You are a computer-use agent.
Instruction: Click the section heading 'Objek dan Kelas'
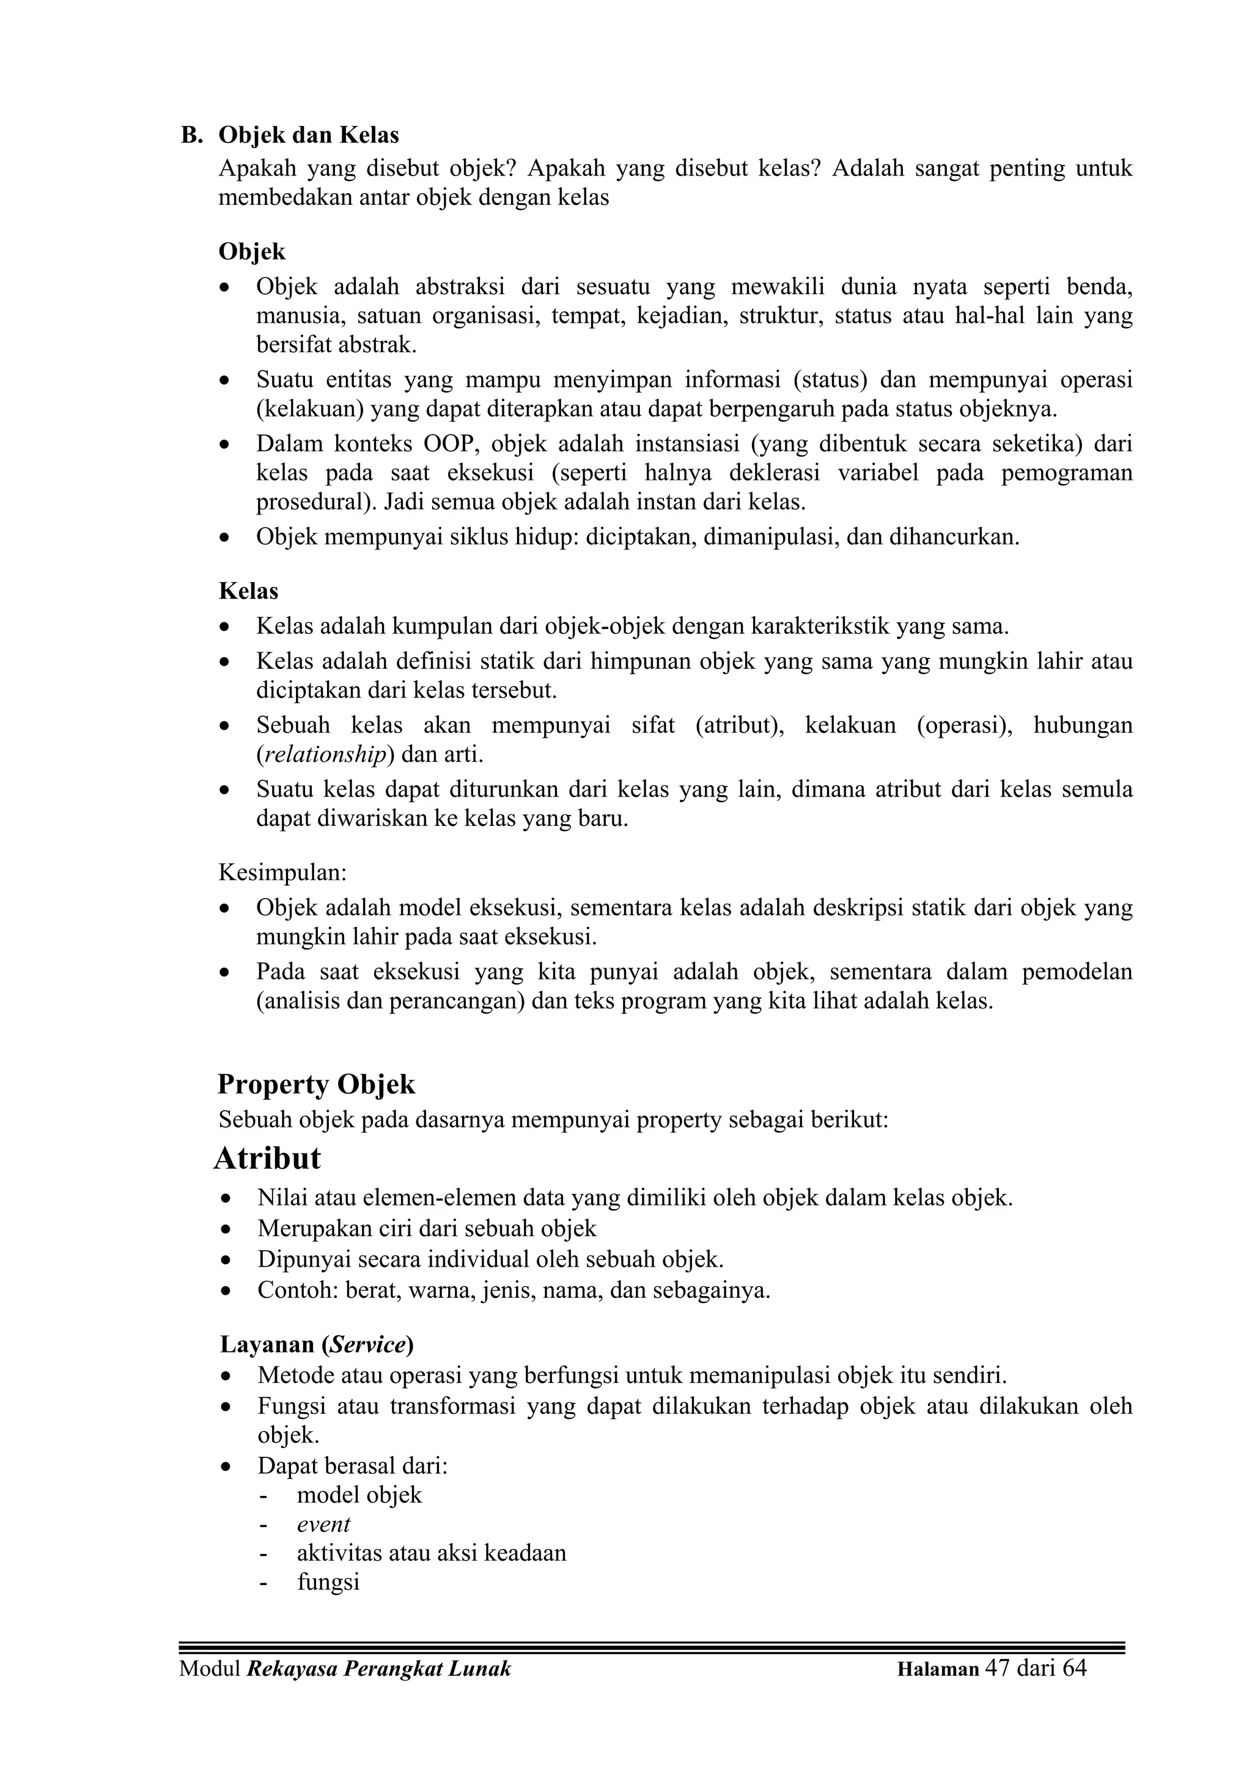click(309, 136)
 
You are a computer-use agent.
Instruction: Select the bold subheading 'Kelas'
click(248, 591)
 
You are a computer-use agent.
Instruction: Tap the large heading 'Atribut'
click(267, 1158)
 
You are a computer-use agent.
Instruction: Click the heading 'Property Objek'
click(316, 1084)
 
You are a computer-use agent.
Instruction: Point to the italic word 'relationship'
click(325, 754)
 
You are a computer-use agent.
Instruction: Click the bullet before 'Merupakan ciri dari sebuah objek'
click(225, 1229)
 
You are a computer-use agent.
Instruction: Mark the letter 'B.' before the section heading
click(191, 136)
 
